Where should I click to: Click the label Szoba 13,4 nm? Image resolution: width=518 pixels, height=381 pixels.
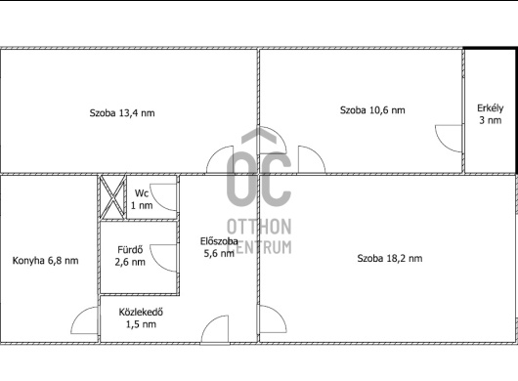point(122,113)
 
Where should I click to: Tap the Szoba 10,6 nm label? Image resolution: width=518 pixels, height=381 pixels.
point(372,110)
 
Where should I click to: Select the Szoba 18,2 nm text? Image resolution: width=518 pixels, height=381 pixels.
point(390,258)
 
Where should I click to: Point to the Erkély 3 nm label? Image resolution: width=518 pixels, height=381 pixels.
point(491,114)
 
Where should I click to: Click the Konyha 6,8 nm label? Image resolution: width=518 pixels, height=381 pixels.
point(45,261)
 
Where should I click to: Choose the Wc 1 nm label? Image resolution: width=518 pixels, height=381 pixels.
point(142,199)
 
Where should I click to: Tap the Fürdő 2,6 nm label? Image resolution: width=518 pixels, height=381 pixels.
point(130,256)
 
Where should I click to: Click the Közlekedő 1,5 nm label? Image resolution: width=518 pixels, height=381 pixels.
point(141,317)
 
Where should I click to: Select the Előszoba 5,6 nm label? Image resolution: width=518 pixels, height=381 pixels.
point(219,247)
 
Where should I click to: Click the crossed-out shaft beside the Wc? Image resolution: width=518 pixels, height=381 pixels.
point(112,197)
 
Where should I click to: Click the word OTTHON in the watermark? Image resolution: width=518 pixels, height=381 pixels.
point(259,227)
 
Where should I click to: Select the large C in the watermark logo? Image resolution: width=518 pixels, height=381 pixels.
point(276,179)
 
